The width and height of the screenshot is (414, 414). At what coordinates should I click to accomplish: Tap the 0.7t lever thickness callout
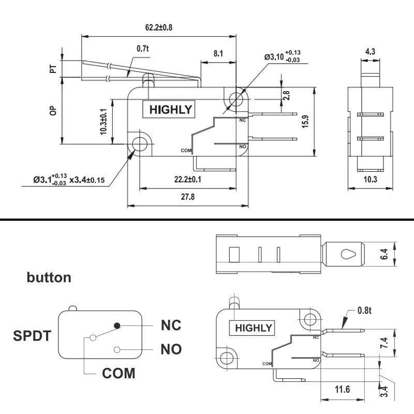click(143, 49)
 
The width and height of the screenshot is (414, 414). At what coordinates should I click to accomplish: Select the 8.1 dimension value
click(218, 53)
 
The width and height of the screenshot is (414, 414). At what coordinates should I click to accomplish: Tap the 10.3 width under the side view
click(370, 180)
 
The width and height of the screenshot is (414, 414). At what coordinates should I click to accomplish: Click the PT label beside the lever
click(53, 68)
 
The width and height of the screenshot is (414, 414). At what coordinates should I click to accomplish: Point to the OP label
click(53, 111)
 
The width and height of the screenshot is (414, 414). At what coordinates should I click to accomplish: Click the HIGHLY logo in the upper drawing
click(170, 109)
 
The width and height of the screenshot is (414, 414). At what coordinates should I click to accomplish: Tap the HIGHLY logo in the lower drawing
click(254, 328)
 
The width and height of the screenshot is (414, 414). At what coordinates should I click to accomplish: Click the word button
click(49, 277)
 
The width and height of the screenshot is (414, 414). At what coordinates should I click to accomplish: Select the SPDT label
click(32, 336)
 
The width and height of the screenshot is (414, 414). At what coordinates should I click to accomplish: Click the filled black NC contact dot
click(117, 325)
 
